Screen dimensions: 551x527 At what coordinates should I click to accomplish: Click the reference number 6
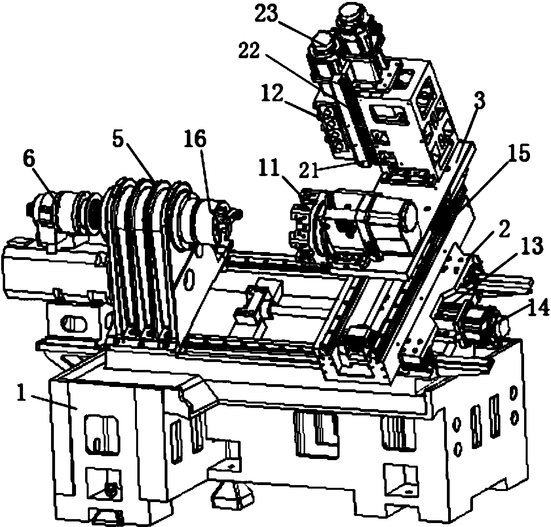pos(30,161)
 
